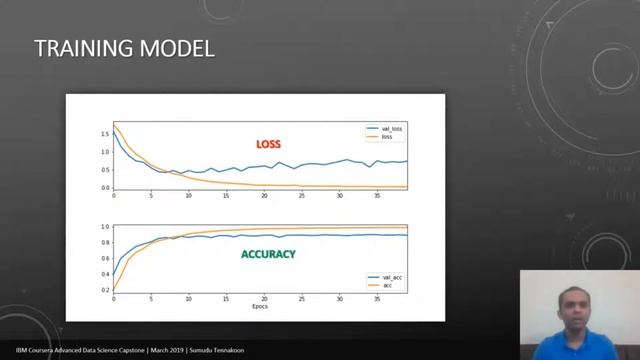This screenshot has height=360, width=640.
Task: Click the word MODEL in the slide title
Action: [179, 48]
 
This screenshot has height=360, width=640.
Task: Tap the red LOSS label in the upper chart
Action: [268, 145]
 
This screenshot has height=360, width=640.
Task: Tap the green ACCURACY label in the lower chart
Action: [268, 254]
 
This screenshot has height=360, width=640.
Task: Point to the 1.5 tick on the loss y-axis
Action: [105, 133]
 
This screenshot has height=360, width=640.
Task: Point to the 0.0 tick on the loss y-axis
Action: [105, 187]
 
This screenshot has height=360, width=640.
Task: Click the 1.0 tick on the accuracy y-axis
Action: [105, 227]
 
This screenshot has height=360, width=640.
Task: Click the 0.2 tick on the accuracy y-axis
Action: [105, 289]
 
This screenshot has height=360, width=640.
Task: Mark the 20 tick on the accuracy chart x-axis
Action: [265, 298]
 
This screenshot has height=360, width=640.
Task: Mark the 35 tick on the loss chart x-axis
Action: [377, 195]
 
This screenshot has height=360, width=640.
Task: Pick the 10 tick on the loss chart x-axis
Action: [189, 195]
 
